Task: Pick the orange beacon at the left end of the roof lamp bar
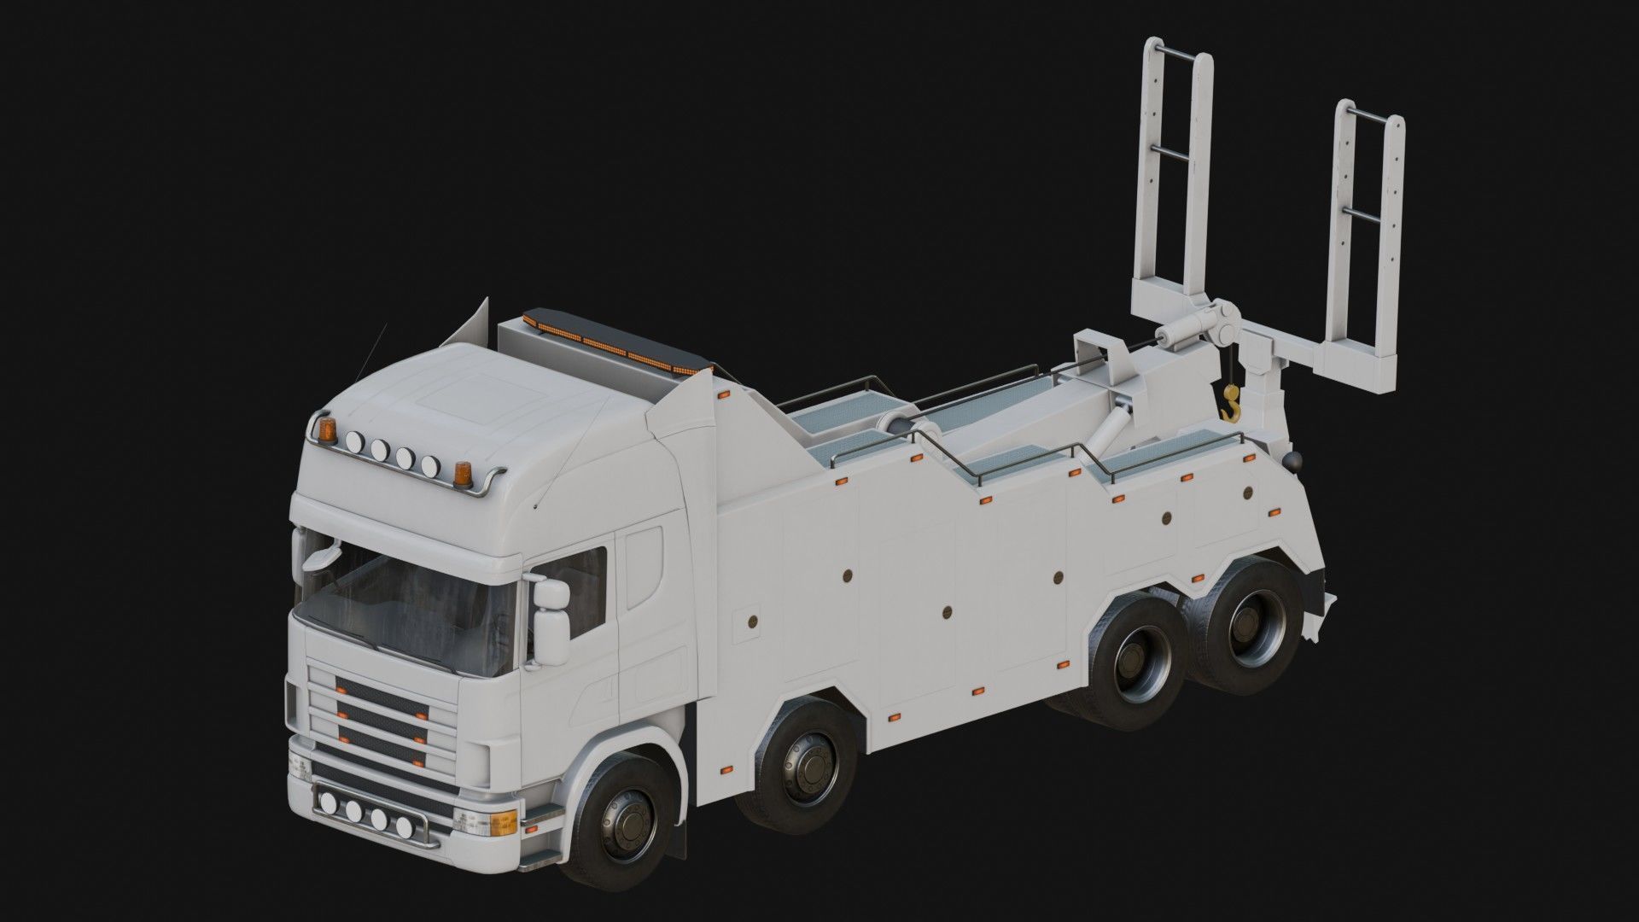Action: [x=325, y=429]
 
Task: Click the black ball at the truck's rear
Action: [x=1292, y=461]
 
